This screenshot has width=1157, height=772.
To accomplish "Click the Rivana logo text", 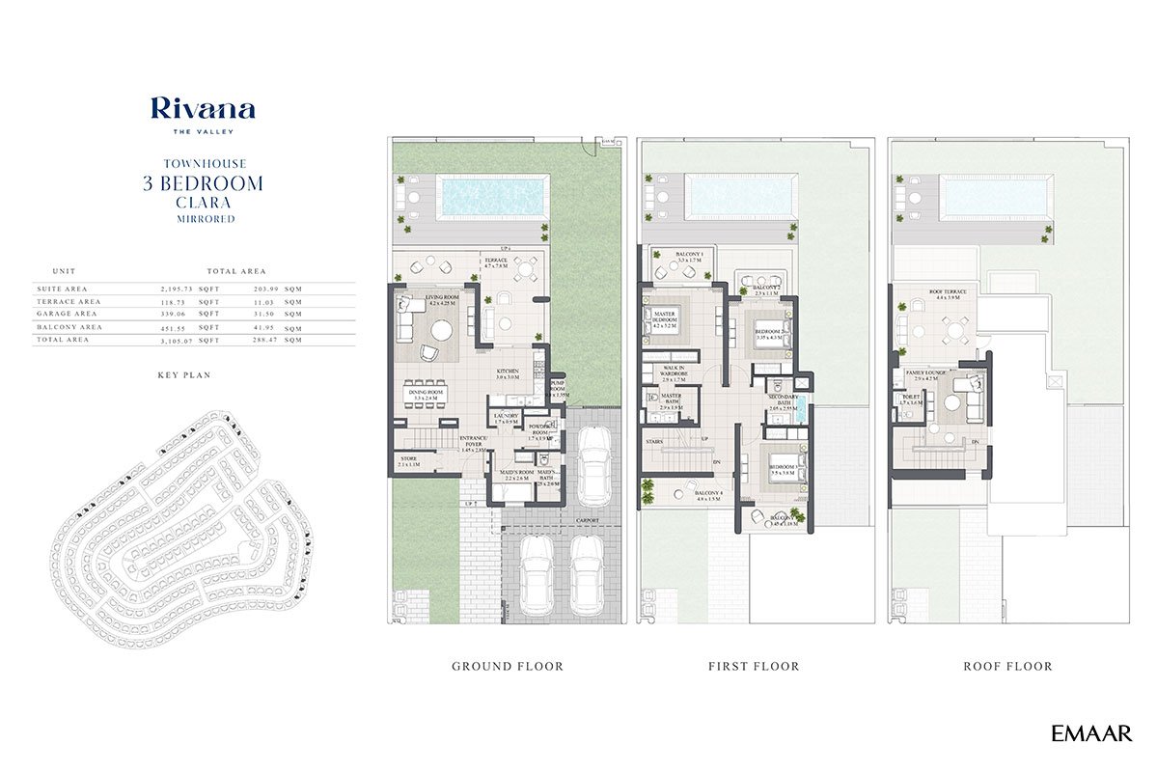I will [x=203, y=109].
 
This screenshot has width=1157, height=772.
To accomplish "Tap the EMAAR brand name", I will [x=1091, y=733].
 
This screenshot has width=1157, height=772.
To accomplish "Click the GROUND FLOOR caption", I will [x=508, y=666].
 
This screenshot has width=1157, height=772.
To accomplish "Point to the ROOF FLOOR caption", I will [x=1007, y=666].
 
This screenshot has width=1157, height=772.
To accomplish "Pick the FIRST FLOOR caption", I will [x=755, y=666].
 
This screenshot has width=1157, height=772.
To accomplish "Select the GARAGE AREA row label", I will [x=66, y=314].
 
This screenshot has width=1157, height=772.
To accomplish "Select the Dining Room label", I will [x=427, y=394].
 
